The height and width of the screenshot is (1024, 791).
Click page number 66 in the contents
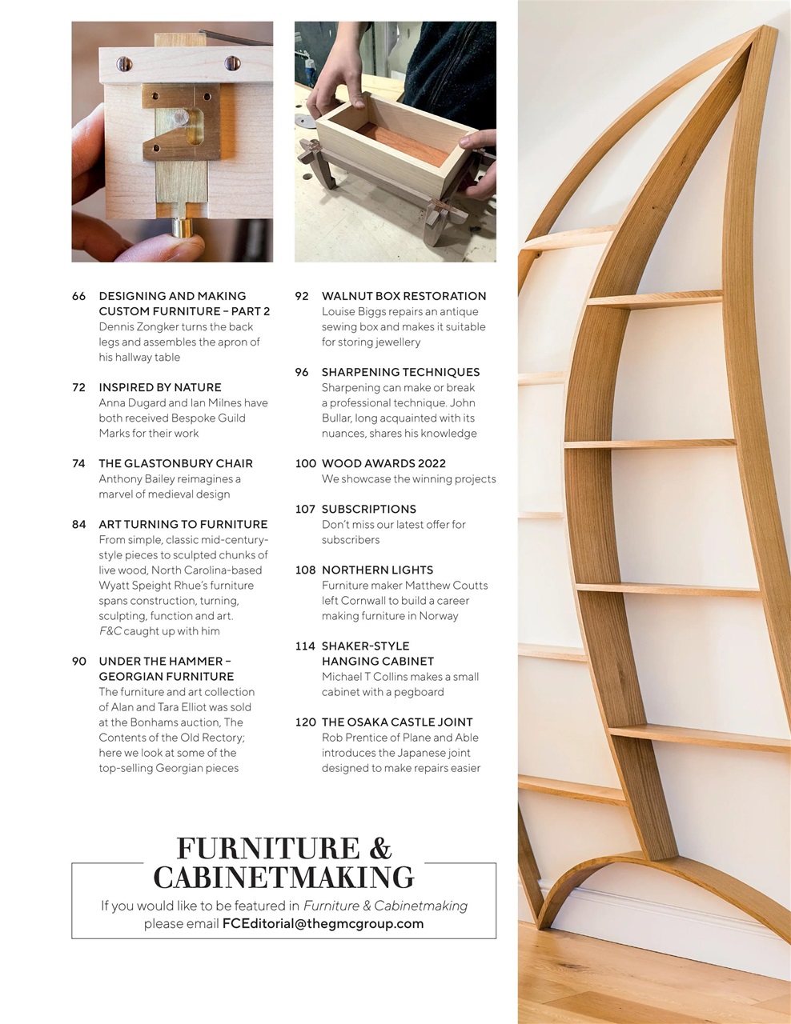point(78,296)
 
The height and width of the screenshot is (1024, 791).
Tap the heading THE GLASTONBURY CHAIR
point(175,463)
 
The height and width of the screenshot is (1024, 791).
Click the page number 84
point(78,524)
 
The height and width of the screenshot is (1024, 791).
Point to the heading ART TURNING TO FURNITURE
point(183,524)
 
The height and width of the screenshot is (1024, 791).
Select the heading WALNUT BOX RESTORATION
point(404,296)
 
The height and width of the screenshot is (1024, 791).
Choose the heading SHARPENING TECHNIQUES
point(400,372)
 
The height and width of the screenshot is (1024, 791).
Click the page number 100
point(306,463)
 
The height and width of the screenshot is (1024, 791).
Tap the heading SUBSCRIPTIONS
point(368,509)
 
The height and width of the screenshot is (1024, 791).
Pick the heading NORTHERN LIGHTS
point(377,570)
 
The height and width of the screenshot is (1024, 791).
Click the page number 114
point(305,646)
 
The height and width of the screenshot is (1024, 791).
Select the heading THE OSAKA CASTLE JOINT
point(397,722)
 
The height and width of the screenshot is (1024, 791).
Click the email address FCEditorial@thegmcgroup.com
point(323,923)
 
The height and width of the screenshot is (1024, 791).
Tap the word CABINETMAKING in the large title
point(283,878)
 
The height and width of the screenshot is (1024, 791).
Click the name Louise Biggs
point(355,311)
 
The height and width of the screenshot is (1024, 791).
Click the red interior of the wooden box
point(398,144)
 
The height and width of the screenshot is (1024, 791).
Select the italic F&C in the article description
point(110,631)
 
